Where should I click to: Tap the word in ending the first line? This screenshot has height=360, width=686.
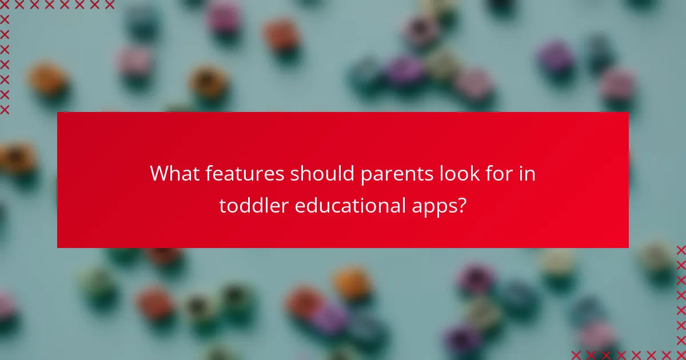click(x=529, y=174)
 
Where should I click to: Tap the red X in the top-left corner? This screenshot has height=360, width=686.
click(x=5, y=5)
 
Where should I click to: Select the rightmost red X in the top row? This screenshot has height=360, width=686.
click(x=109, y=5)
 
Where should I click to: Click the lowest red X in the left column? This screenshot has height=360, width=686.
click(x=5, y=109)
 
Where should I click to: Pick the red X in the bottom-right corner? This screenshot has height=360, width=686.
click(x=681, y=355)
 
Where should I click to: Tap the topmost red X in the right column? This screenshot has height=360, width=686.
click(x=681, y=250)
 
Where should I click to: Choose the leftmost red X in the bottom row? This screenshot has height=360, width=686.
click(x=576, y=355)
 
